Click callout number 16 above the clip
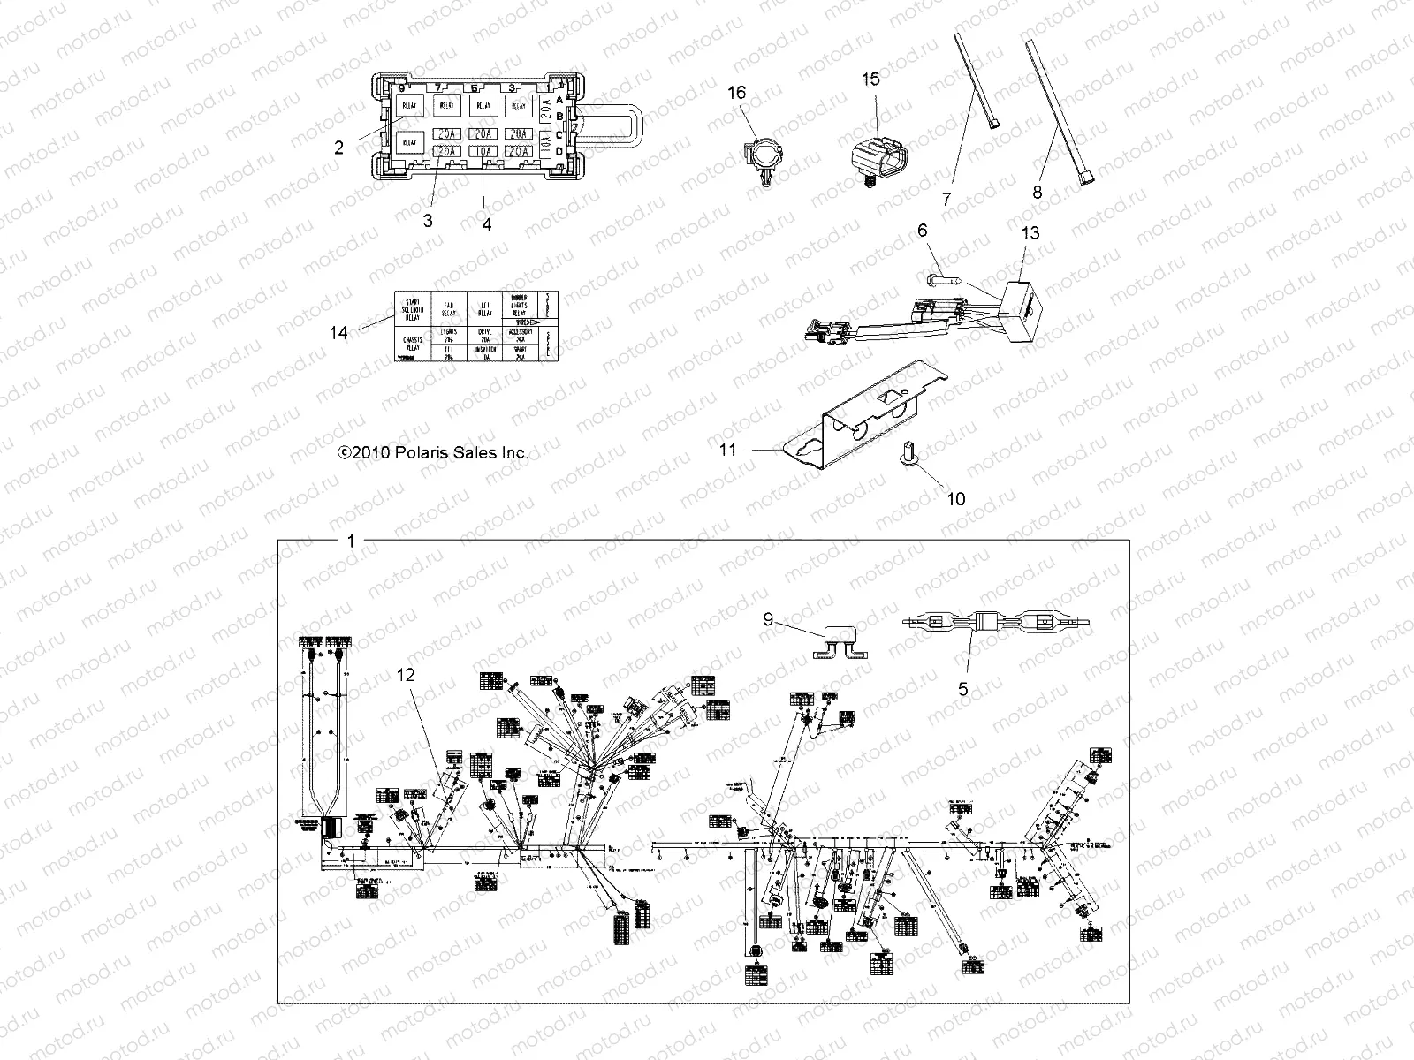click(x=736, y=93)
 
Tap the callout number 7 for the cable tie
click(x=946, y=200)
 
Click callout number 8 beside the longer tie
click(x=1038, y=192)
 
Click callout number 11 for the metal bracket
click(x=727, y=450)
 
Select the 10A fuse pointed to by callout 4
click(x=483, y=152)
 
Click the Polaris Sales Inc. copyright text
click(x=433, y=452)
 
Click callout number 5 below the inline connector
click(x=963, y=689)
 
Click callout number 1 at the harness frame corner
click(x=351, y=541)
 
